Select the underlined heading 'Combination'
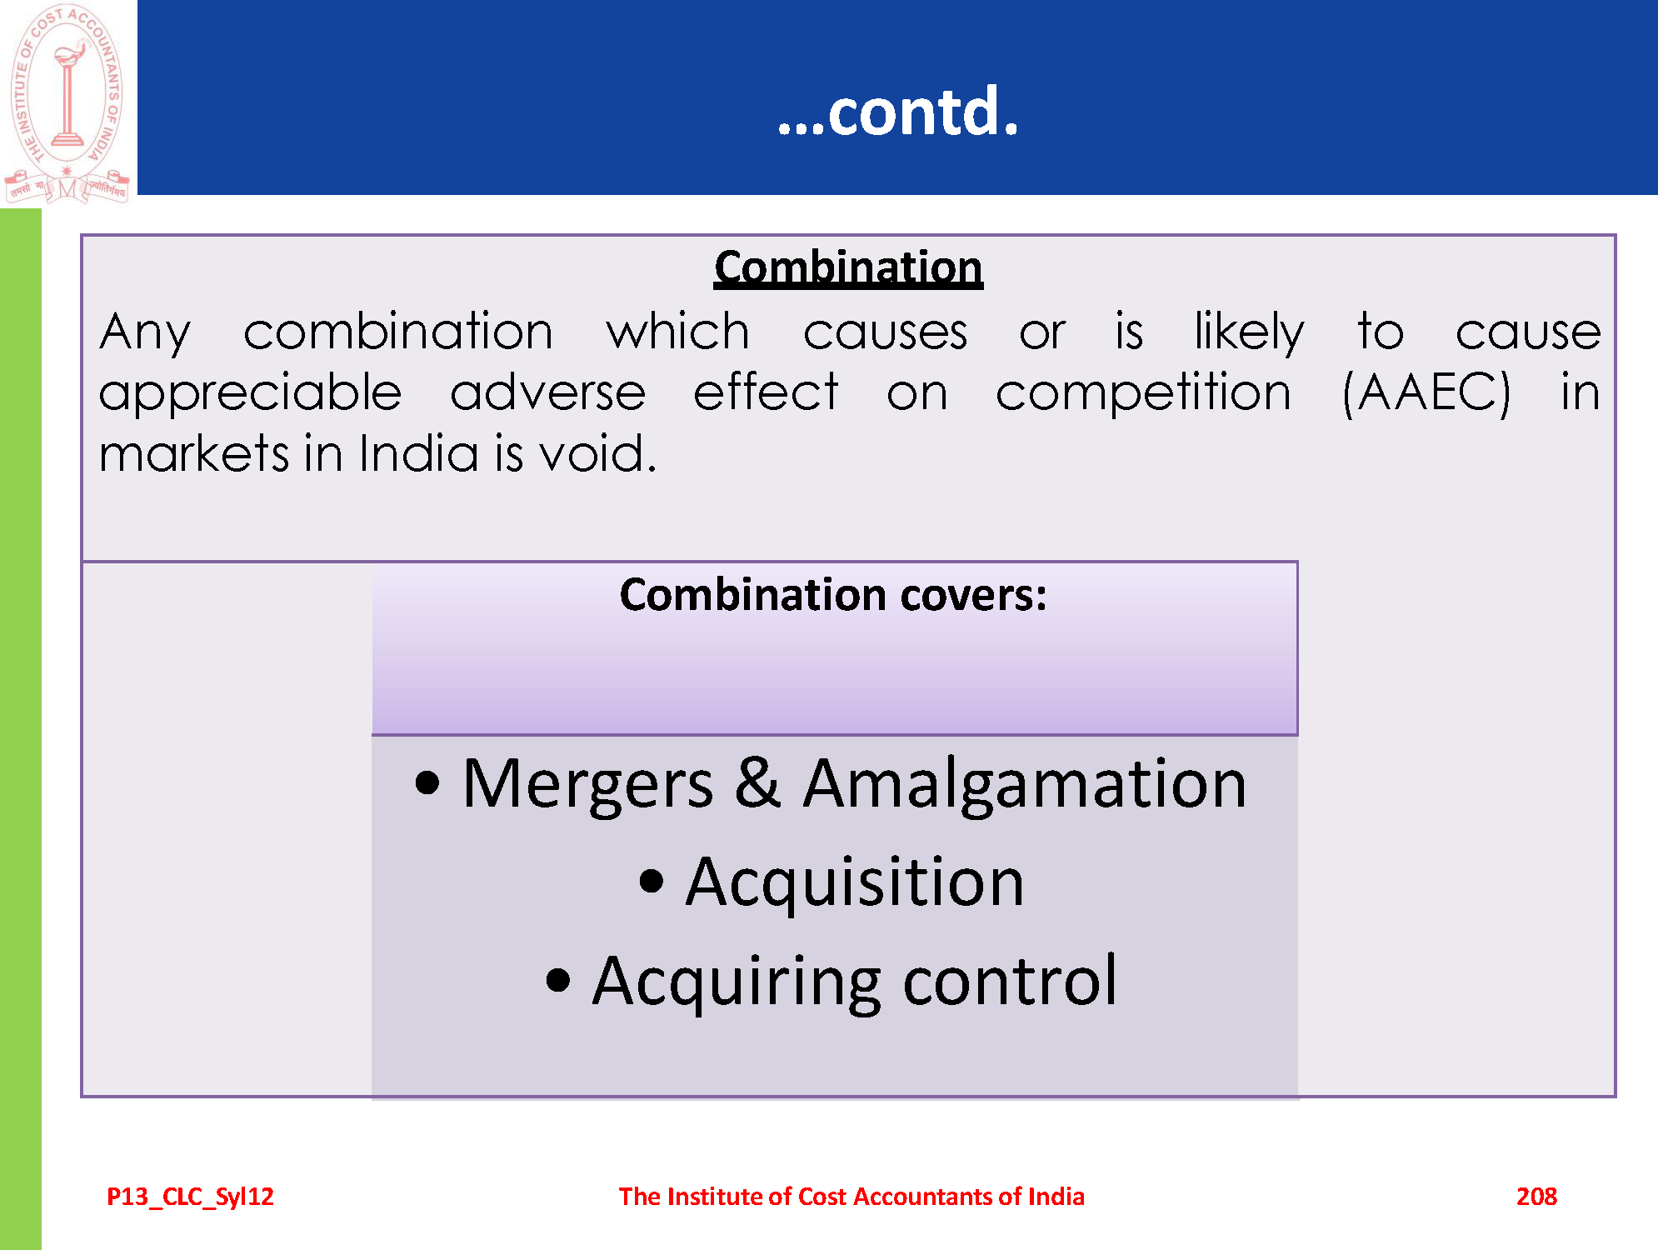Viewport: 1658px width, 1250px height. click(x=848, y=267)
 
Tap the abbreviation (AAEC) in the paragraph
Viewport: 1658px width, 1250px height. click(x=1426, y=392)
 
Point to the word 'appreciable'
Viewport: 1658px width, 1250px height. click(x=250, y=392)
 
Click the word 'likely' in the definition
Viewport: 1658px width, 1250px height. click(x=1249, y=332)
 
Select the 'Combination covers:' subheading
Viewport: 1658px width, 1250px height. click(x=833, y=595)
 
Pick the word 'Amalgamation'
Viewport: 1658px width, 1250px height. click(x=1025, y=785)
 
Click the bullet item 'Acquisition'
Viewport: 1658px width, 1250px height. click(x=854, y=883)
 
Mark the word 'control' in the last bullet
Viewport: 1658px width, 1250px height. click(x=1010, y=981)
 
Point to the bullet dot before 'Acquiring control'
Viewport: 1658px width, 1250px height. click(x=558, y=981)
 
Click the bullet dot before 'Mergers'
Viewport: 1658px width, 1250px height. click(x=427, y=783)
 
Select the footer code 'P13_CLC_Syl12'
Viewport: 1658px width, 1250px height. click(x=190, y=1197)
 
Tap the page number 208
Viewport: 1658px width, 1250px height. click(x=1536, y=1197)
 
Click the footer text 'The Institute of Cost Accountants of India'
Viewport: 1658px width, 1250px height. click(x=851, y=1197)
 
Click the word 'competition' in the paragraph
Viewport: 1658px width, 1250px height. click(x=1143, y=392)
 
